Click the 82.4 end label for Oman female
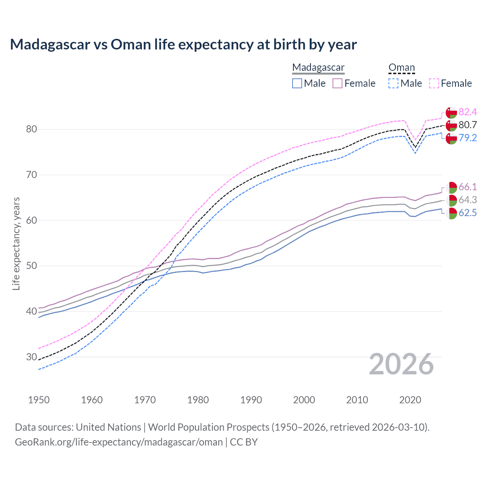click(x=468, y=112)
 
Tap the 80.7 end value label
click(x=468, y=125)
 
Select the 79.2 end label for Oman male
click(x=468, y=138)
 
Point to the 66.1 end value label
click(x=468, y=187)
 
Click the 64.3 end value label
click(x=468, y=200)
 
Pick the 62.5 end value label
click(x=468, y=213)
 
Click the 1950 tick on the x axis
click(x=39, y=400)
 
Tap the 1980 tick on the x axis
click(x=198, y=400)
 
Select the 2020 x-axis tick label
click(x=410, y=400)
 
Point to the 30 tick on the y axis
click(x=32, y=357)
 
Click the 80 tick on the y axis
click(x=32, y=129)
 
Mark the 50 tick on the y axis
click(x=32, y=266)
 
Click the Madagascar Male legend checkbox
click(x=297, y=83)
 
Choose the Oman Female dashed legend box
click(x=434, y=83)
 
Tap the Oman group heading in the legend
click(x=401, y=68)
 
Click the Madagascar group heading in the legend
click(x=318, y=68)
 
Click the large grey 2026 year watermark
click(x=401, y=364)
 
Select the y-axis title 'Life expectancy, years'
click(x=16, y=243)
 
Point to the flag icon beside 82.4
click(x=451, y=113)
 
